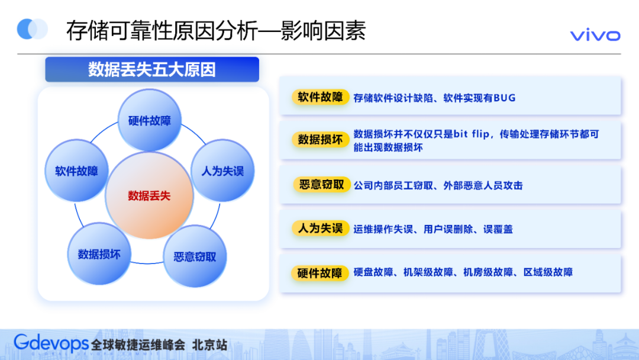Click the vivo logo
coord(595,36)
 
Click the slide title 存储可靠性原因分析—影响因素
coord(215,31)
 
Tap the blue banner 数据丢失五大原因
coord(152,69)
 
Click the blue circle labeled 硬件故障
coord(150,121)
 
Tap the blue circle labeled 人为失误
coord(222,172)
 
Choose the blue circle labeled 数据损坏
coord(99,254)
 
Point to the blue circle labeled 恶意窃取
coord(195,257)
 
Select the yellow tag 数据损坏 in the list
coord(320,140)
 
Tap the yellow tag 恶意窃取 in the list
coord(320,185)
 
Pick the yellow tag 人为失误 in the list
coord(320,229)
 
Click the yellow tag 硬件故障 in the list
coord(320,273)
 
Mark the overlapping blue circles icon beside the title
coord(33,29)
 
